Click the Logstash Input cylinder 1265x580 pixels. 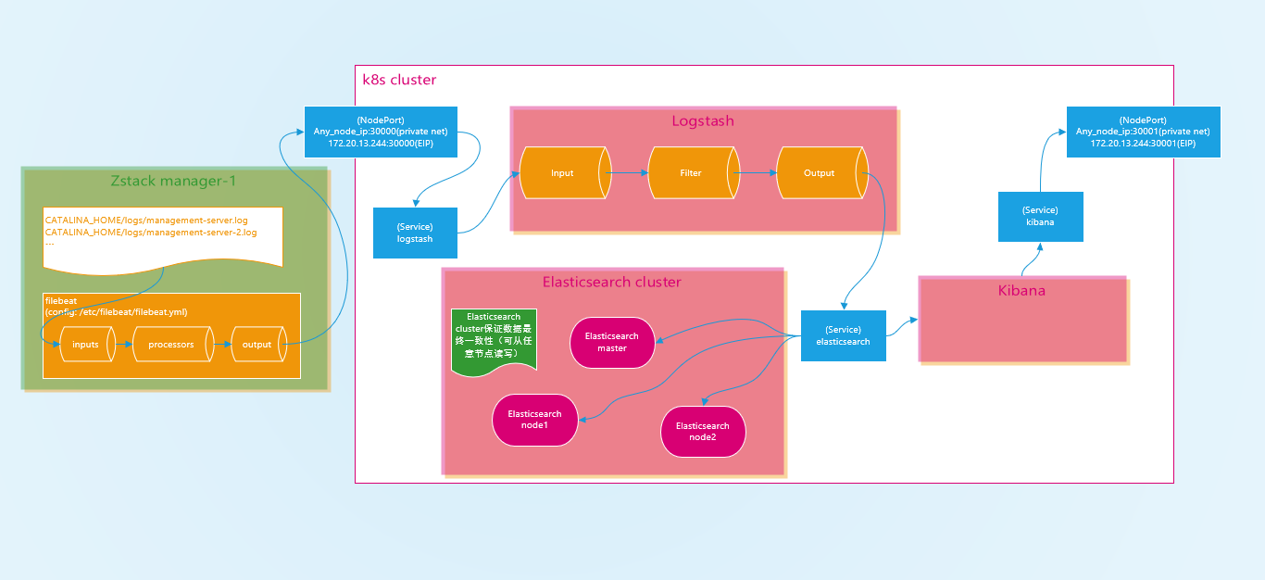(x=563, y=173)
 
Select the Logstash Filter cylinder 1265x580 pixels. (x=691, y=173)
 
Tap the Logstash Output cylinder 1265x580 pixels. (x=820, y=173)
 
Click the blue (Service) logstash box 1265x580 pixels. (x=415, y=233)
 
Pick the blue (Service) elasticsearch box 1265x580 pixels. (x=843, y=335)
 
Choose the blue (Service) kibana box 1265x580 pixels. (x=1040, y=217)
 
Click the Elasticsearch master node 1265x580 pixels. (x=612, y=342)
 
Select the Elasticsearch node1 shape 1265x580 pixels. (x=534, y=419)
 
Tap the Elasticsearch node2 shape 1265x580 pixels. (x=703, y=431)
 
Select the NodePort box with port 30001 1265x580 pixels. (x=1143, y=132)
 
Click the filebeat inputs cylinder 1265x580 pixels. (x=85, y=345)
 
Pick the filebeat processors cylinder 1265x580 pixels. (x=171, y=345)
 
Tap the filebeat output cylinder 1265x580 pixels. (x=257, y=345)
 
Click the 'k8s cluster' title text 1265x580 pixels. (x=399, y=80)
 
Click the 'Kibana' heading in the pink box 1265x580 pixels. (x=1021, y=291)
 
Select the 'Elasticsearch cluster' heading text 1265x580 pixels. (x=611, y=282)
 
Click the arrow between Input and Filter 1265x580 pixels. (x=628, y=172)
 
